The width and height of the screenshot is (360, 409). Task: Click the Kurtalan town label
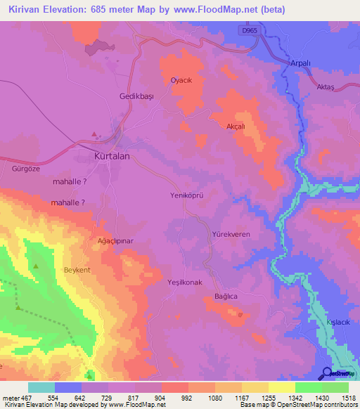tap(112, 157)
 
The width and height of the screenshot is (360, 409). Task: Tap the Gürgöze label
tap(18, 169)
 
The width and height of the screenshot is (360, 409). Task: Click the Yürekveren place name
tap(231, 234)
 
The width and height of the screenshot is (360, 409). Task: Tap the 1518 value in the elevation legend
tap(348, 397)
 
